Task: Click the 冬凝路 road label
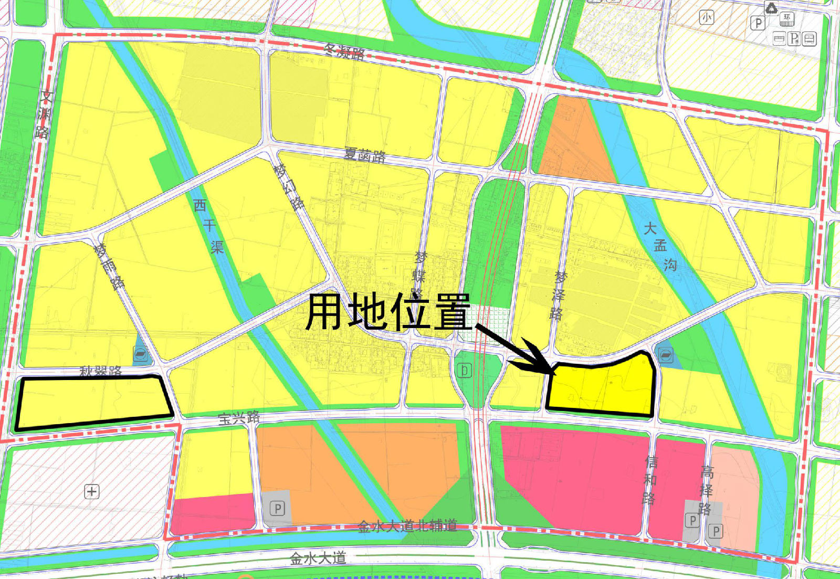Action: pos(344,51)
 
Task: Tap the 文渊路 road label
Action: pos(45,114)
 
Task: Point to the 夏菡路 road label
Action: pos(365,155)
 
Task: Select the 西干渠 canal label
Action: pos(209,226)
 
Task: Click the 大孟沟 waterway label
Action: pos(660,246)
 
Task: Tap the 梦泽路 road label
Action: pos(559,295)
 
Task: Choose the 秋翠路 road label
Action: pos(101,371)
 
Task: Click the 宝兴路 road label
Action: pos(239,418)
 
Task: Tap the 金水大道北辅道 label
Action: pos(407,525)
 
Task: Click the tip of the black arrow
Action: pos(554,374)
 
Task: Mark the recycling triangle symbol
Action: pos(771,8)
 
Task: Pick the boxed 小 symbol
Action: pos(707,18)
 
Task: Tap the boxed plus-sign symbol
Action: pos(92,491)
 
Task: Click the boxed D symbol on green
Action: pos(464,371)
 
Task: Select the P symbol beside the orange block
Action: pos(277,508)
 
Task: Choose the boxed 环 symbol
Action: pos(786,19)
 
